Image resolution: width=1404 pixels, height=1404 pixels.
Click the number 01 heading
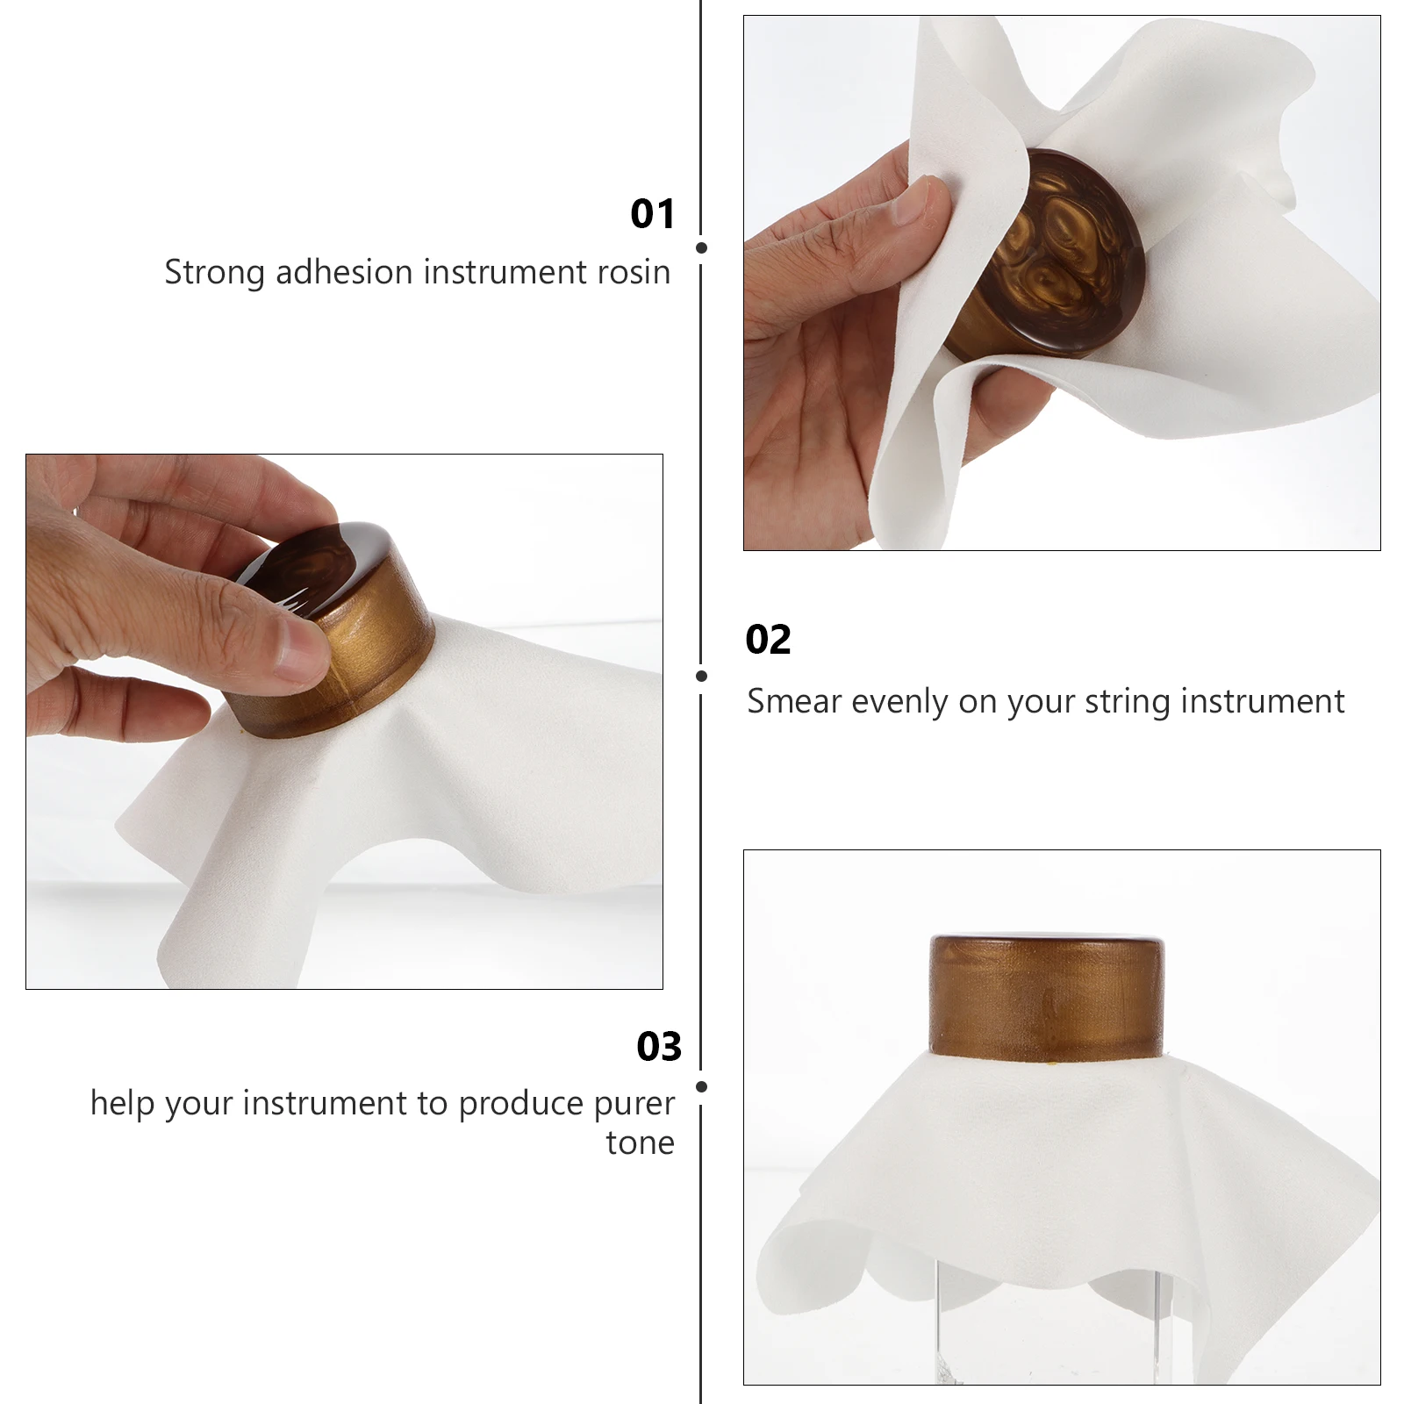click(653, 214)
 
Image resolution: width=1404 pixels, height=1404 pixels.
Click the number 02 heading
click(768, 640)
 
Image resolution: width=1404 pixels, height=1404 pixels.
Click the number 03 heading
click(659, 1046)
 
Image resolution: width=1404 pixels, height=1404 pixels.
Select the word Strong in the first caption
click(214, 273)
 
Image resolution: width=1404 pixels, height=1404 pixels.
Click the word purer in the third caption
click(634, 1102)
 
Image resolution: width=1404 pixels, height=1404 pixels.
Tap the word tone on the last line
click(640, 1143)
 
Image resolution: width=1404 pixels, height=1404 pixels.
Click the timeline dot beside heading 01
click(701, 248)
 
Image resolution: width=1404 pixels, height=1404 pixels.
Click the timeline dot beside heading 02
click(701, 676)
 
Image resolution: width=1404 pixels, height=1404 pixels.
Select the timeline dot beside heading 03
click(701, 1086)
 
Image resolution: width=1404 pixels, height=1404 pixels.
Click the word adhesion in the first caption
click(345, 272)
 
